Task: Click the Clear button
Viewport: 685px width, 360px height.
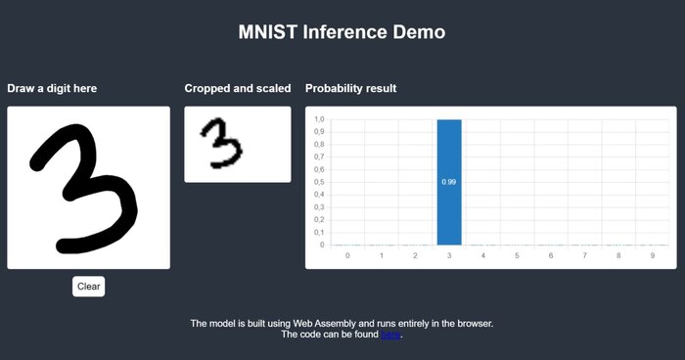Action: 88,287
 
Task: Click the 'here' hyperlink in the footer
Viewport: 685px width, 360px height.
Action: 390,335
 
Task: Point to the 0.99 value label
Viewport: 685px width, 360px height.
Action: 449,182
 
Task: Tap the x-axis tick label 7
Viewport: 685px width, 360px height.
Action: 584,255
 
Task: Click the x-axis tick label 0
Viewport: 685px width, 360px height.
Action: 347,255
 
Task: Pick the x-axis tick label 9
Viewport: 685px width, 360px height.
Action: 652,255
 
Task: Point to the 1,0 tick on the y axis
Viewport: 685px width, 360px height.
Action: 319,119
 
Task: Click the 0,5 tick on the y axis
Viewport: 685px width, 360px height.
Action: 319,182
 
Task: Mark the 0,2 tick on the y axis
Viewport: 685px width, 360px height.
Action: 319,220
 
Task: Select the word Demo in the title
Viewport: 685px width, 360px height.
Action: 420,32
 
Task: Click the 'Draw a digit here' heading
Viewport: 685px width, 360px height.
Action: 52,89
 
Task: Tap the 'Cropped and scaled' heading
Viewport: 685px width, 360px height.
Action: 238,89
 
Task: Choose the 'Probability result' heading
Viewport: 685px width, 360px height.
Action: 351,89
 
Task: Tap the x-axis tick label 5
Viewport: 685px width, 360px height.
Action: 517,255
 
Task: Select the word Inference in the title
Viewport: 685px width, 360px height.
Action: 343,32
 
